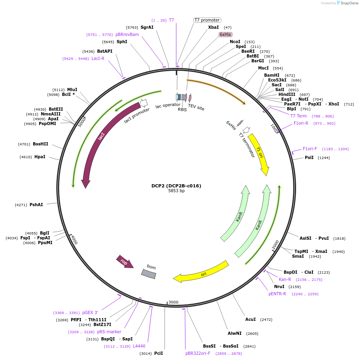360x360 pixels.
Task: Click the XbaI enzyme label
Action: (213, 27)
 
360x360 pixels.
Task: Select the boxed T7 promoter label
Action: (207, 20)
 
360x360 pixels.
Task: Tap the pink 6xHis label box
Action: (225, 34)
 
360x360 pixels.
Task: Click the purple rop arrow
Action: (124, 262)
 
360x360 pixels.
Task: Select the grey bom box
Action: (149, 273)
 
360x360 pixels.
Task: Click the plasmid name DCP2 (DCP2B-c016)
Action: (176, 186)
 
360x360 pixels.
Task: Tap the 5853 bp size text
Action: (176, 191)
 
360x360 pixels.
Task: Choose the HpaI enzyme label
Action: (40, 157)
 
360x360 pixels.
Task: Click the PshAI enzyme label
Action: (36, 205)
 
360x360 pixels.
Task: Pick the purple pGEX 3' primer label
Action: (90, 312)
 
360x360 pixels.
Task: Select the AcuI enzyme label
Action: (251, 319)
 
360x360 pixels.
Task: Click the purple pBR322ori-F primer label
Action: (198, 353)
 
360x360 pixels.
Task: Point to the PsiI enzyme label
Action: (309, 158)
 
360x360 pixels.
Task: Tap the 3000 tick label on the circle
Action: (173, 302)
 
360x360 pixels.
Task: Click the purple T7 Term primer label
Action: (298, 116)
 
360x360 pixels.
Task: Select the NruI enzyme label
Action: (279, 286)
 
